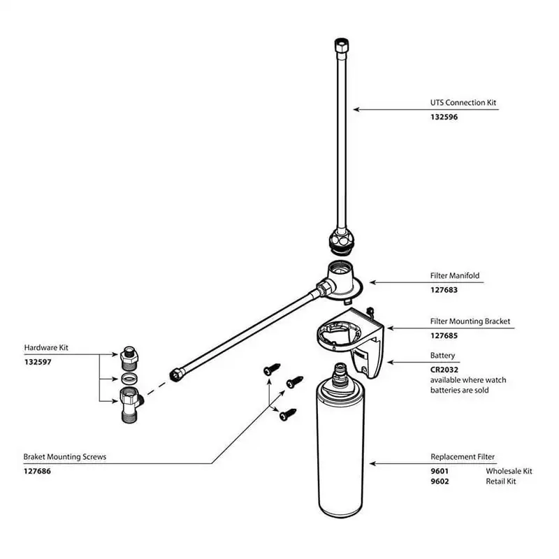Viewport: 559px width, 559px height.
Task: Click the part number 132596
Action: [x=444, y=117]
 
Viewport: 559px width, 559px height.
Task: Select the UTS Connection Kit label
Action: [x=463, y=103]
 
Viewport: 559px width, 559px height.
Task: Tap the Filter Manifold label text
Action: [x=455, y=275]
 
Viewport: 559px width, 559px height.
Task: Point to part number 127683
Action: [x=444, y=289]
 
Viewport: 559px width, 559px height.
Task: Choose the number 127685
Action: [x=444, y=335]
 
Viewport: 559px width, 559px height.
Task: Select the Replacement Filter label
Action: [x=463, y=456]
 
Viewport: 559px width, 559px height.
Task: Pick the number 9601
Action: [x=440, y=471]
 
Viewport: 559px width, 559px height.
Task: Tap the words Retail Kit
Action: [x=501, y=481]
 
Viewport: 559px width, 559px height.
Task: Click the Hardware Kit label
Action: [x=46, y=347]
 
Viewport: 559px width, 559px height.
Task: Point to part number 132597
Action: [x=38, y=361]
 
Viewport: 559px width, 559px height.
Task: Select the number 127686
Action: [x=38, y=471]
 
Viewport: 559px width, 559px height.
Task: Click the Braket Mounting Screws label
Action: [x=65, y=456]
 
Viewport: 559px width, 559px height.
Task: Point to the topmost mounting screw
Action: [x=271, y=368]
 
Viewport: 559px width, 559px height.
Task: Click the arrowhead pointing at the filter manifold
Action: [x=372, y=282]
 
